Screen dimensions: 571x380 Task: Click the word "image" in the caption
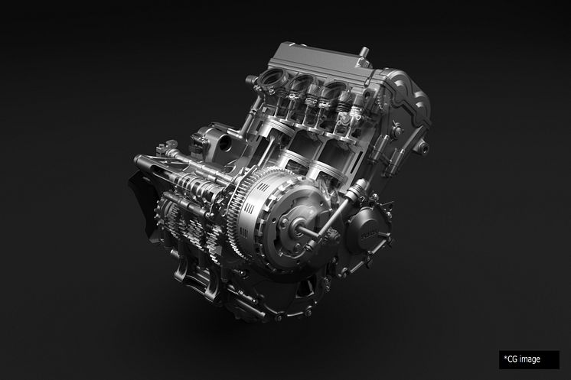530,359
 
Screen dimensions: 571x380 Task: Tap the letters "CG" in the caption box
512,359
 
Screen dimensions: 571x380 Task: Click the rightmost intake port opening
334,90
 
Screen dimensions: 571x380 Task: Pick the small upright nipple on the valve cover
364,53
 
